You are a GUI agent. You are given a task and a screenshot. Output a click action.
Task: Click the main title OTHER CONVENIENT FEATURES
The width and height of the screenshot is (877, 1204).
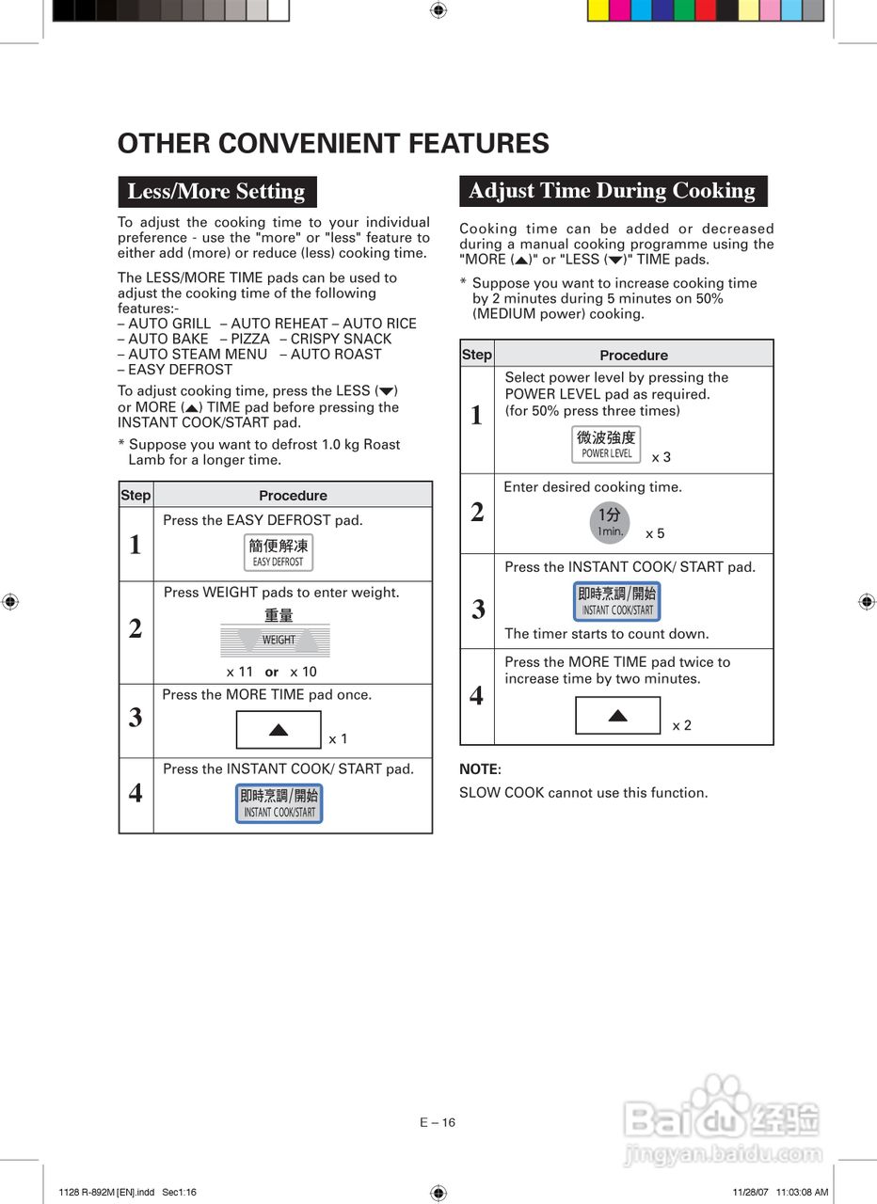333,144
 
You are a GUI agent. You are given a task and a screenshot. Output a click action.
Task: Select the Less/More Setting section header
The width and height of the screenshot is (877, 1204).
216,192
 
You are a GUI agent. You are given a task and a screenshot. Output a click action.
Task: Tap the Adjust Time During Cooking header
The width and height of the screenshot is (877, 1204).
613,191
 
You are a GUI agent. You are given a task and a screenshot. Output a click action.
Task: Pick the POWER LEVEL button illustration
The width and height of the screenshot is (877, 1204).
607,444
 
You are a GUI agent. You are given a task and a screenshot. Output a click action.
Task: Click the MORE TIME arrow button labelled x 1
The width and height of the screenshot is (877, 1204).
279,730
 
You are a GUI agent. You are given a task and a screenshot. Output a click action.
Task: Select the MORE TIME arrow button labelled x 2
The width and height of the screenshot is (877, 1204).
617,716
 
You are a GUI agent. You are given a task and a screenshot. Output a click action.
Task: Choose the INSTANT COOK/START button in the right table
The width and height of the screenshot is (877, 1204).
617,601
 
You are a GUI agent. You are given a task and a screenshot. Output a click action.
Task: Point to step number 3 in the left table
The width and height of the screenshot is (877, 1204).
136,718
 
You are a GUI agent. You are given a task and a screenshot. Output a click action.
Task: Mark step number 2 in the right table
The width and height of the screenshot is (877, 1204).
477,513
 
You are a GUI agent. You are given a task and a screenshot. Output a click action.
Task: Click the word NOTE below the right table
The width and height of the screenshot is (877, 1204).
480,769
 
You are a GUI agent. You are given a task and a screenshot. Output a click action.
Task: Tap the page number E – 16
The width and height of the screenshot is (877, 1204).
438,1122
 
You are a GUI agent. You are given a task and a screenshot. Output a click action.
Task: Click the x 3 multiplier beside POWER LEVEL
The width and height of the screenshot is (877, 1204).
662,457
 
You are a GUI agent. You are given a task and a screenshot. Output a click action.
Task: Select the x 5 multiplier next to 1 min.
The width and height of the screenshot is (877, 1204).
655,533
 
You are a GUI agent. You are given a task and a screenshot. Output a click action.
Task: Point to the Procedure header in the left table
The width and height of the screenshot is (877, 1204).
293,496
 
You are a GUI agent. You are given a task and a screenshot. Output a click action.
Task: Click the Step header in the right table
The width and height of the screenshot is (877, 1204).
477,355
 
